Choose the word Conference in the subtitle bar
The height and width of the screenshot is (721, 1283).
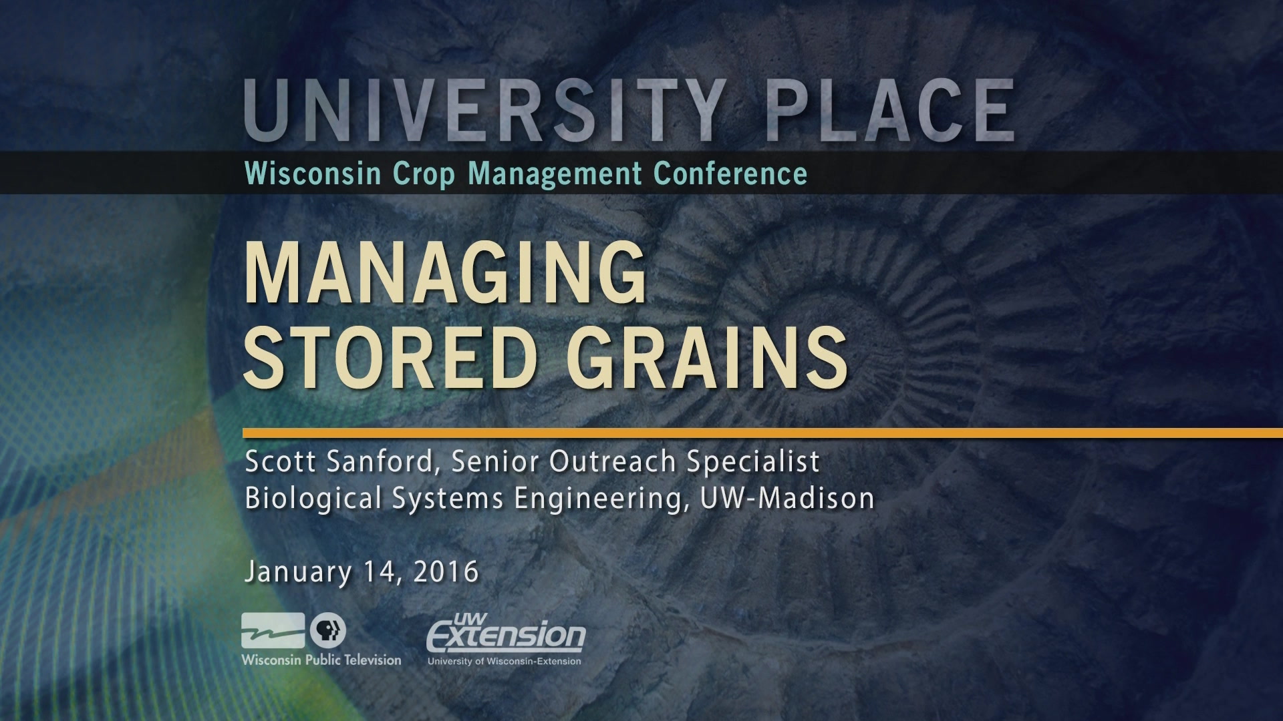730,174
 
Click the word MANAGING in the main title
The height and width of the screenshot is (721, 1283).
446,274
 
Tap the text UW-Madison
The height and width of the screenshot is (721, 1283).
788,498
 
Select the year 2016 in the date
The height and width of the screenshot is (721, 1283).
446,572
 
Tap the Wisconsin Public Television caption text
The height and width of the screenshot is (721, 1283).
321,660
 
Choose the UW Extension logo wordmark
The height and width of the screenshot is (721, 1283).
506,632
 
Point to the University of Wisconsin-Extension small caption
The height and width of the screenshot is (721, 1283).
505,661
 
